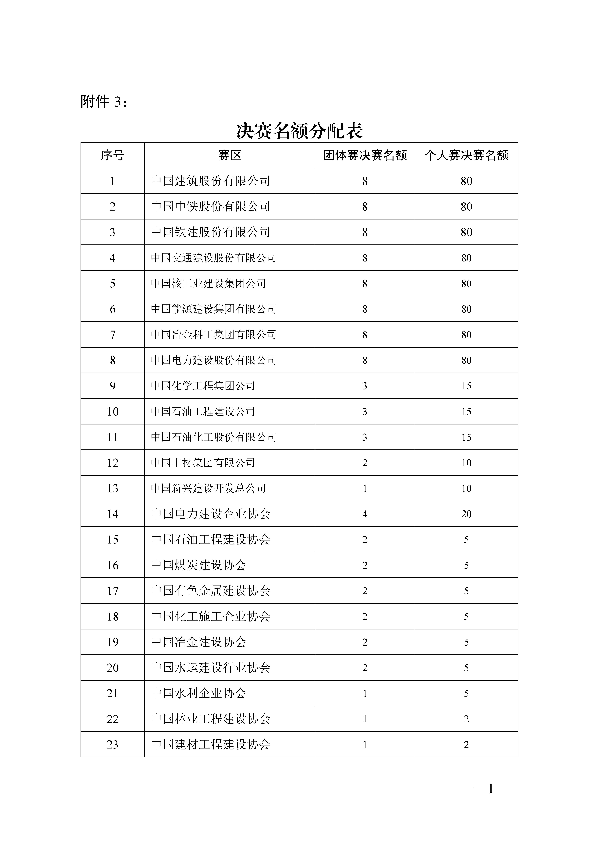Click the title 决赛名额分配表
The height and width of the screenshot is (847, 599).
click(x=299, y=131)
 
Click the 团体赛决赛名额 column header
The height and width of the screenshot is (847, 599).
click(x=365, y=155)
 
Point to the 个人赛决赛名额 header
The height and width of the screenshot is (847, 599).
click(x=466, y=155)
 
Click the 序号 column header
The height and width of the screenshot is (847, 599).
click(x=113, y=155)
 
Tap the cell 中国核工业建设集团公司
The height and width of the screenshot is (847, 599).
click(x=208, y=283)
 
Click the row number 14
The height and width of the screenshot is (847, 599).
click(x=113, y=514)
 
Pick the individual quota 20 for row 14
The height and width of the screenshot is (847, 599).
click(x=466, y=514)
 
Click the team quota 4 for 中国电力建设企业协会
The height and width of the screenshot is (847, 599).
click(x=365, y=514)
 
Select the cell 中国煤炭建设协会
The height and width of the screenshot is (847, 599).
click(x=198, y=565)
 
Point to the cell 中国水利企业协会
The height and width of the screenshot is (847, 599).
click(x=198, y=693)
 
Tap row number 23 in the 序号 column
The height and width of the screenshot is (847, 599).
click(x=113, y=745)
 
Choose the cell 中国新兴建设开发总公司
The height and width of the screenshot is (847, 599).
click(x=208, y=488)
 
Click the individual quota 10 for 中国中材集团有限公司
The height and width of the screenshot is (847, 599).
click(x=466, y=463)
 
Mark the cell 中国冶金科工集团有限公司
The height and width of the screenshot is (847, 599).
click(x=213, y=335)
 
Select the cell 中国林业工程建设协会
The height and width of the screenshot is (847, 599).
click(x=210, y=719)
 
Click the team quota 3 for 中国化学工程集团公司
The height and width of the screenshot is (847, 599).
click(x=365, y=386)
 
